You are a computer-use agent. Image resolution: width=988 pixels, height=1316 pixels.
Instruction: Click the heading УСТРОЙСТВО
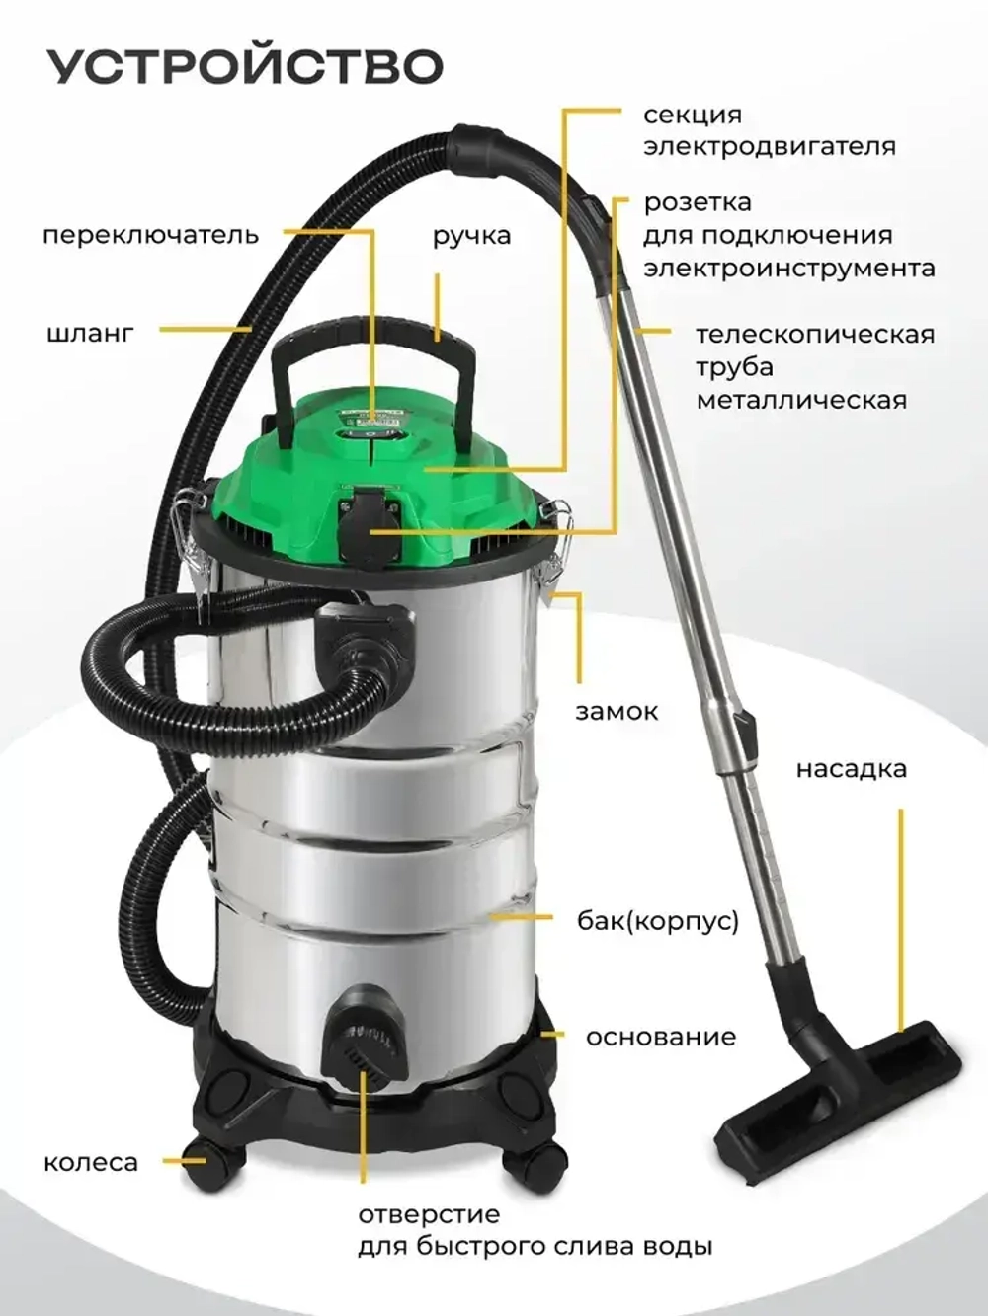coord(245,66)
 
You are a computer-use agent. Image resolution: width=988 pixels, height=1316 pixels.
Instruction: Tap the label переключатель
coord(150,236)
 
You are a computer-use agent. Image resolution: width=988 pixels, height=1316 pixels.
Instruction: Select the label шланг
coord(90,333)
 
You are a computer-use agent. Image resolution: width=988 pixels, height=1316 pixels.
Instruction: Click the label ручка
coord(471,237)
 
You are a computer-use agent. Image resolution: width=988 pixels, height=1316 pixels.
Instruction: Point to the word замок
coord(617,711)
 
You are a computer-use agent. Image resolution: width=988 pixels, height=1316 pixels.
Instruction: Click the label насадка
coord(851,769)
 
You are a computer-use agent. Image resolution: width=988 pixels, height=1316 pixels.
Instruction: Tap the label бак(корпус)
coord(657,921)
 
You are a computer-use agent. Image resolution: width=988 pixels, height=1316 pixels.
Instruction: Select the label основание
coord(660,1038)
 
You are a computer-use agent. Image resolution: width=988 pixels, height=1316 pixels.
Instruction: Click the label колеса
coord(91,1163)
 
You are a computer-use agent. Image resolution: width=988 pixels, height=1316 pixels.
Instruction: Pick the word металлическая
coord(800,400)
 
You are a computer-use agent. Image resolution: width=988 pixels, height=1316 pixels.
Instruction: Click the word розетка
coord(698,203)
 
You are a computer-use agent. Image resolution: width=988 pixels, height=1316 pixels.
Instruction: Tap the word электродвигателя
coord(770,146)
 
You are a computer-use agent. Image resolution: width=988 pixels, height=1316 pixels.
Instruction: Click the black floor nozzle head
coord(840,1086)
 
